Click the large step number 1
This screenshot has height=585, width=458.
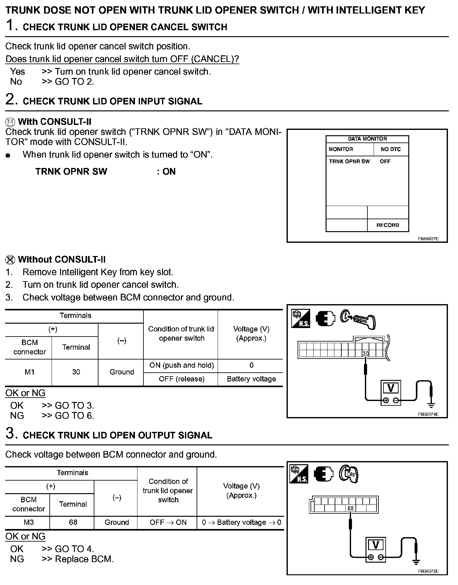click(11, 25)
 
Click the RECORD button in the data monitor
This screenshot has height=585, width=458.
click(388, 225)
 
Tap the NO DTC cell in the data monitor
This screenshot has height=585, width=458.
click(391, 149)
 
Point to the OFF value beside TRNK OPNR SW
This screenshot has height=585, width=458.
click(385, 161)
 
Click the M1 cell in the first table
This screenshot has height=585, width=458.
click(30, 372)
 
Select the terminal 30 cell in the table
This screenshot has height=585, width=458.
click(76, 372)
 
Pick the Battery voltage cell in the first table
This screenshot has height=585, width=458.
click(251, 379)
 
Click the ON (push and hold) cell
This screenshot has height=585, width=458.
click(182, 365)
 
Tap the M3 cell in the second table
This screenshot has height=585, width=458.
click(29, 522)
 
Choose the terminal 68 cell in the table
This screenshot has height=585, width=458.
click(73, 522)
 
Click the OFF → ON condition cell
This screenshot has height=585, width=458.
click(168, 522)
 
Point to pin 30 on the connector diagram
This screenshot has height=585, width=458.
click(366, 354)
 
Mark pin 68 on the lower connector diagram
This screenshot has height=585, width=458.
click(350, 508)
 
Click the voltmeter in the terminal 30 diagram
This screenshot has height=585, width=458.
click(391, 392)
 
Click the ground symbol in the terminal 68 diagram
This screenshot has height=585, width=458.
click(416, 562)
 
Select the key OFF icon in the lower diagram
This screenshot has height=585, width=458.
click(348, 474)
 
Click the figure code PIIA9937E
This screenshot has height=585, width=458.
click(428, 239)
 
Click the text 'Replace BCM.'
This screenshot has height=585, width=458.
click(84, 559)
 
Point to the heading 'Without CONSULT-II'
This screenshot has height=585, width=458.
click(62, 260)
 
